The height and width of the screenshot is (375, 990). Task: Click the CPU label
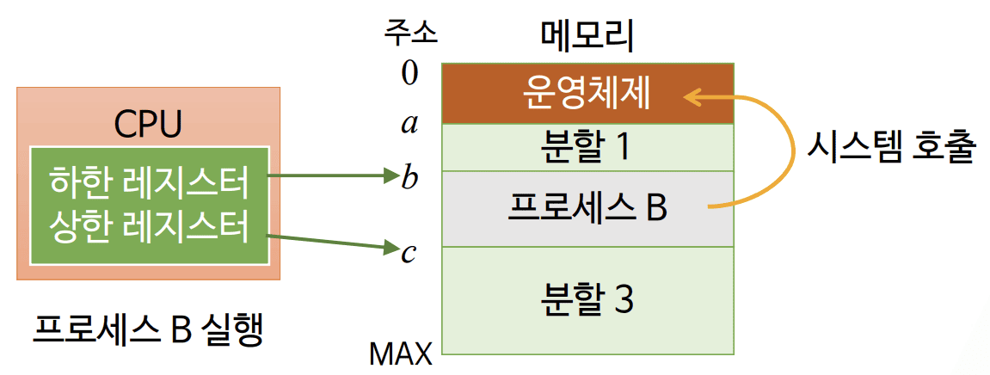coord(148,125)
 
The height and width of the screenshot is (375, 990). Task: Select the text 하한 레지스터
coord(149,182)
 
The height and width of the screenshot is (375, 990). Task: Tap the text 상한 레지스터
coord(149,227)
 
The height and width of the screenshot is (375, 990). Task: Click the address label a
coord(409,126)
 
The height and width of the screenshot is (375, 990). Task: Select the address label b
coord(410,178)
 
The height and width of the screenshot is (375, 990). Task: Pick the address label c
coord(409,253)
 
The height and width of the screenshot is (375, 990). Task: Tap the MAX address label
coord(400,353)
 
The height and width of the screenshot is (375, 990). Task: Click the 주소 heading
coord(410,32)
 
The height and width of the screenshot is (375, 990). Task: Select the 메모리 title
coord(587,34)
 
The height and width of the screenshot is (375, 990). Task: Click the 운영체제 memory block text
coord(587,94)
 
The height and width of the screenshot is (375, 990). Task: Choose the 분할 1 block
coord(587,147)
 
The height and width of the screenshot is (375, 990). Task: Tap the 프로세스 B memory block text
coord(587,207)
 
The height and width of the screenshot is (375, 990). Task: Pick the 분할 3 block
coord(587,300)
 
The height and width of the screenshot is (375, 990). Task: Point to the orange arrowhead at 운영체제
coord(690,97)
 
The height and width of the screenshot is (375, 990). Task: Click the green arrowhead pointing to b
coord(392,178)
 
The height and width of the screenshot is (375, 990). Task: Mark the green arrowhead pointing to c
coord(392,250)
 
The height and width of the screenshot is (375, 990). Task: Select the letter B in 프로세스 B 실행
coord(182,331)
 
